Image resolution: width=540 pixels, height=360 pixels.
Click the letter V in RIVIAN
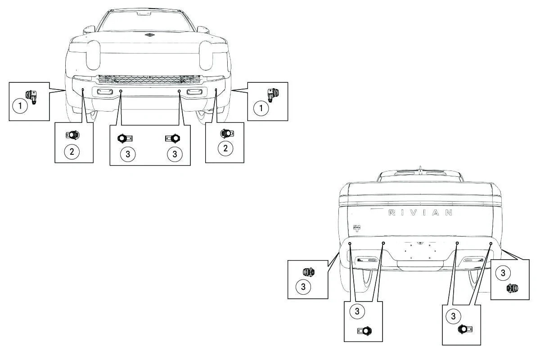click(x=413, y=213)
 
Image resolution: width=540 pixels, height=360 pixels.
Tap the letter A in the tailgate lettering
click(x=436, y=213)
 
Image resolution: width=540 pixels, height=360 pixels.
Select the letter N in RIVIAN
click(x=448, y=213)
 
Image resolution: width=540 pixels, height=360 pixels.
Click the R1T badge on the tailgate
click(x=357, y=228)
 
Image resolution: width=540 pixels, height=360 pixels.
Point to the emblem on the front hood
click(x=150, y=35)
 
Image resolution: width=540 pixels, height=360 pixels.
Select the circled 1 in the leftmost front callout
click(x=20, y=106)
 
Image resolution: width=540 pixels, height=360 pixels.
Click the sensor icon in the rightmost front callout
click(x=273, y=94)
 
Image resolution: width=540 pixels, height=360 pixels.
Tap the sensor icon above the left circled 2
click(x=72, y=135)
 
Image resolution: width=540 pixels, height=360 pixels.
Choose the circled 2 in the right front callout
click(x=225, y=148)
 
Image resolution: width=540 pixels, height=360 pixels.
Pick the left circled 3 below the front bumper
click(x=128, y=154)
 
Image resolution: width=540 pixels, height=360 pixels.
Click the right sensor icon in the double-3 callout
click(x=173, y=139)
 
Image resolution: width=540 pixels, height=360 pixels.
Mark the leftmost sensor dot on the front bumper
click(x=83, y=90)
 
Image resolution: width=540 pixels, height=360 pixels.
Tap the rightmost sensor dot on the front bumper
click(x=216, y=90)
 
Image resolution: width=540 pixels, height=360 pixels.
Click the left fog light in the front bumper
click(x=105, y=92)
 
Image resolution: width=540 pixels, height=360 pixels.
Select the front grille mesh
click(x=149, y=79)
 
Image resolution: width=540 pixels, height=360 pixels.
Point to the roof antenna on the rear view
click(x=420, y=168)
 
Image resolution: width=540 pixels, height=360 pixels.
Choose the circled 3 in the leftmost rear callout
click(x=303, y=287)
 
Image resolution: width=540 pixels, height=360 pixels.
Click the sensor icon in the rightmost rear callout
click(x=512, y=288)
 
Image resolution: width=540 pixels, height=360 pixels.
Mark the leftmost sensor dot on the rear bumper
click(x=350, y=243)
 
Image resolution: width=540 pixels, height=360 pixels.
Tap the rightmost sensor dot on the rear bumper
click(x=490, y=243)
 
